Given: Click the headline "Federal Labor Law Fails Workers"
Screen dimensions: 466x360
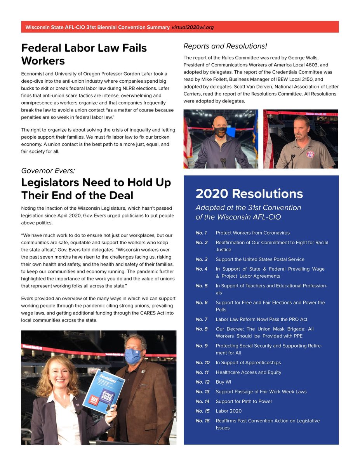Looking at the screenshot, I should [84, 54].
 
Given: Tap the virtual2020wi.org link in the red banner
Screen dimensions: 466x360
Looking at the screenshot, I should [193, 27].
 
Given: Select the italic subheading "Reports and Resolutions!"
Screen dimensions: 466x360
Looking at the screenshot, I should [225, 46].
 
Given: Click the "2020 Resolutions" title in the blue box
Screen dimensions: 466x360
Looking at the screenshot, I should [249, 193].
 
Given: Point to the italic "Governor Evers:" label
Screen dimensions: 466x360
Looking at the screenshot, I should [48, 171].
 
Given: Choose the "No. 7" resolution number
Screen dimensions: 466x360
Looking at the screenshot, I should [202, 319].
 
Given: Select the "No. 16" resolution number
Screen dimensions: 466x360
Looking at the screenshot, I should [203, 421].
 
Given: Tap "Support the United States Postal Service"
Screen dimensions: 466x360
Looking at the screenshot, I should [260, 259].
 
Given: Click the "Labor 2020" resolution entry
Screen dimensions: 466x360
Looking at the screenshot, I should [228, 411].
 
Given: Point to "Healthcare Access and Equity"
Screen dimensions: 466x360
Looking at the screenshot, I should [248, 372].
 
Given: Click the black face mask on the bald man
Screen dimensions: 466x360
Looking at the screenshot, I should [220, 132].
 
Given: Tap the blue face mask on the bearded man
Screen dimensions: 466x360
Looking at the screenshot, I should [133, 356].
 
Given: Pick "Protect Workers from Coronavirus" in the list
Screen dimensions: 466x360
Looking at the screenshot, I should [252, 233].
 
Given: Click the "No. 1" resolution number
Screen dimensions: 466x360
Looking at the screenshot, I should [201, 233].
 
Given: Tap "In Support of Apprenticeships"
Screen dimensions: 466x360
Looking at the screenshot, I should [248, 362].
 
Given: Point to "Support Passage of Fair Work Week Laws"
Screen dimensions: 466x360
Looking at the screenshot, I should [261, 391].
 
